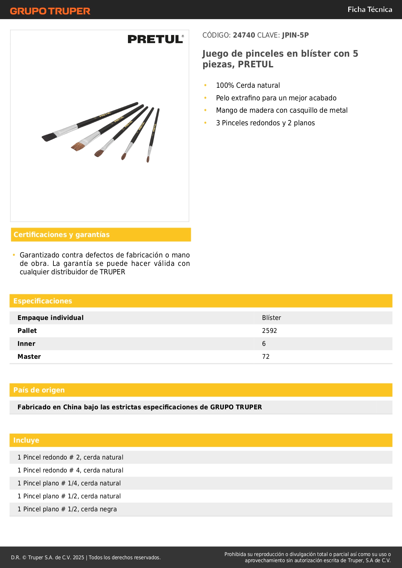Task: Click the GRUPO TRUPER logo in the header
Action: click(50, 11)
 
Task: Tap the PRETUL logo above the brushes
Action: click(155, 39)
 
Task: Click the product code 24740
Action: click(244, 35)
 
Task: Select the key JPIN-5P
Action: click(295, 35)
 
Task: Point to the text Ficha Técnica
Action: click(370, 9)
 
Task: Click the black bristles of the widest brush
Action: click(48, 137)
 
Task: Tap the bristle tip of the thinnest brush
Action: click(148, 159)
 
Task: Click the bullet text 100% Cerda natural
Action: click(248, 85)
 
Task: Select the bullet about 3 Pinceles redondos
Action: click(265, 123)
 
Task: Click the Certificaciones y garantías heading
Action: click(62, 235)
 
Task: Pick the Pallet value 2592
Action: click(270, 331)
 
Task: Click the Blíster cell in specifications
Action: click(271, 318)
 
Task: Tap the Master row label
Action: click(29, 357)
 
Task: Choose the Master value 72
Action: click(266, 357)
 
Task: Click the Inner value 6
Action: click(264, 344)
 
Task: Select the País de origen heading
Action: click(39, 390)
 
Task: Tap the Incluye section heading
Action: click(26, 440)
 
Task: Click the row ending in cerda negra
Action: click(67, 509)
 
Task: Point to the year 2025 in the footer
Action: click(78, 557)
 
